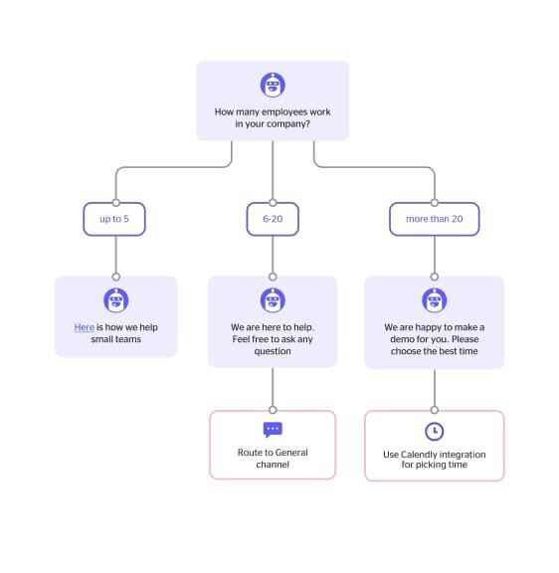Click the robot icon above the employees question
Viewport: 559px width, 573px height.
tap(273, 85)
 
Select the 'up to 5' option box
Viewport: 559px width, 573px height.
tap(114, 219)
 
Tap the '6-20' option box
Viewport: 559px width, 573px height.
tap(273, 219)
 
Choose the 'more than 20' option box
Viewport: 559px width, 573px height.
tap(435, 219)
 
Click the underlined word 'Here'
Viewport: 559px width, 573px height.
tap(85, 327)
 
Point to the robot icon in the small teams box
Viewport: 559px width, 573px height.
tap(116, 300)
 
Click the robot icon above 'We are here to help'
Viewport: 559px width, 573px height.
tap(273, 300)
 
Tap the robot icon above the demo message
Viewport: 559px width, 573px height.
tap(435, 300)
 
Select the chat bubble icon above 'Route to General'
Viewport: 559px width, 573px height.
tap(273, 430)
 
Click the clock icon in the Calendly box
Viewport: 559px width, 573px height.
tap(435, 431)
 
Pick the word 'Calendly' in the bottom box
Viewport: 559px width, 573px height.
tap(419, 455)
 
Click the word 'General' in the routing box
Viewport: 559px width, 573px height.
tap(291, 453)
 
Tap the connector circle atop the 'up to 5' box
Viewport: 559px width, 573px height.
tap(116, 203)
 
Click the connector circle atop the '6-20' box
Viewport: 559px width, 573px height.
tap(273, 203)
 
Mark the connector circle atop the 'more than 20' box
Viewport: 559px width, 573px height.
tap(435, 203)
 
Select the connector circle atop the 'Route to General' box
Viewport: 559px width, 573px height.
tap(273, 410)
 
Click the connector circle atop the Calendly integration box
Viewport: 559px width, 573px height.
tap(435, 410)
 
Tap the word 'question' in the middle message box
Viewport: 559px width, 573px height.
tap(273, 351)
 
